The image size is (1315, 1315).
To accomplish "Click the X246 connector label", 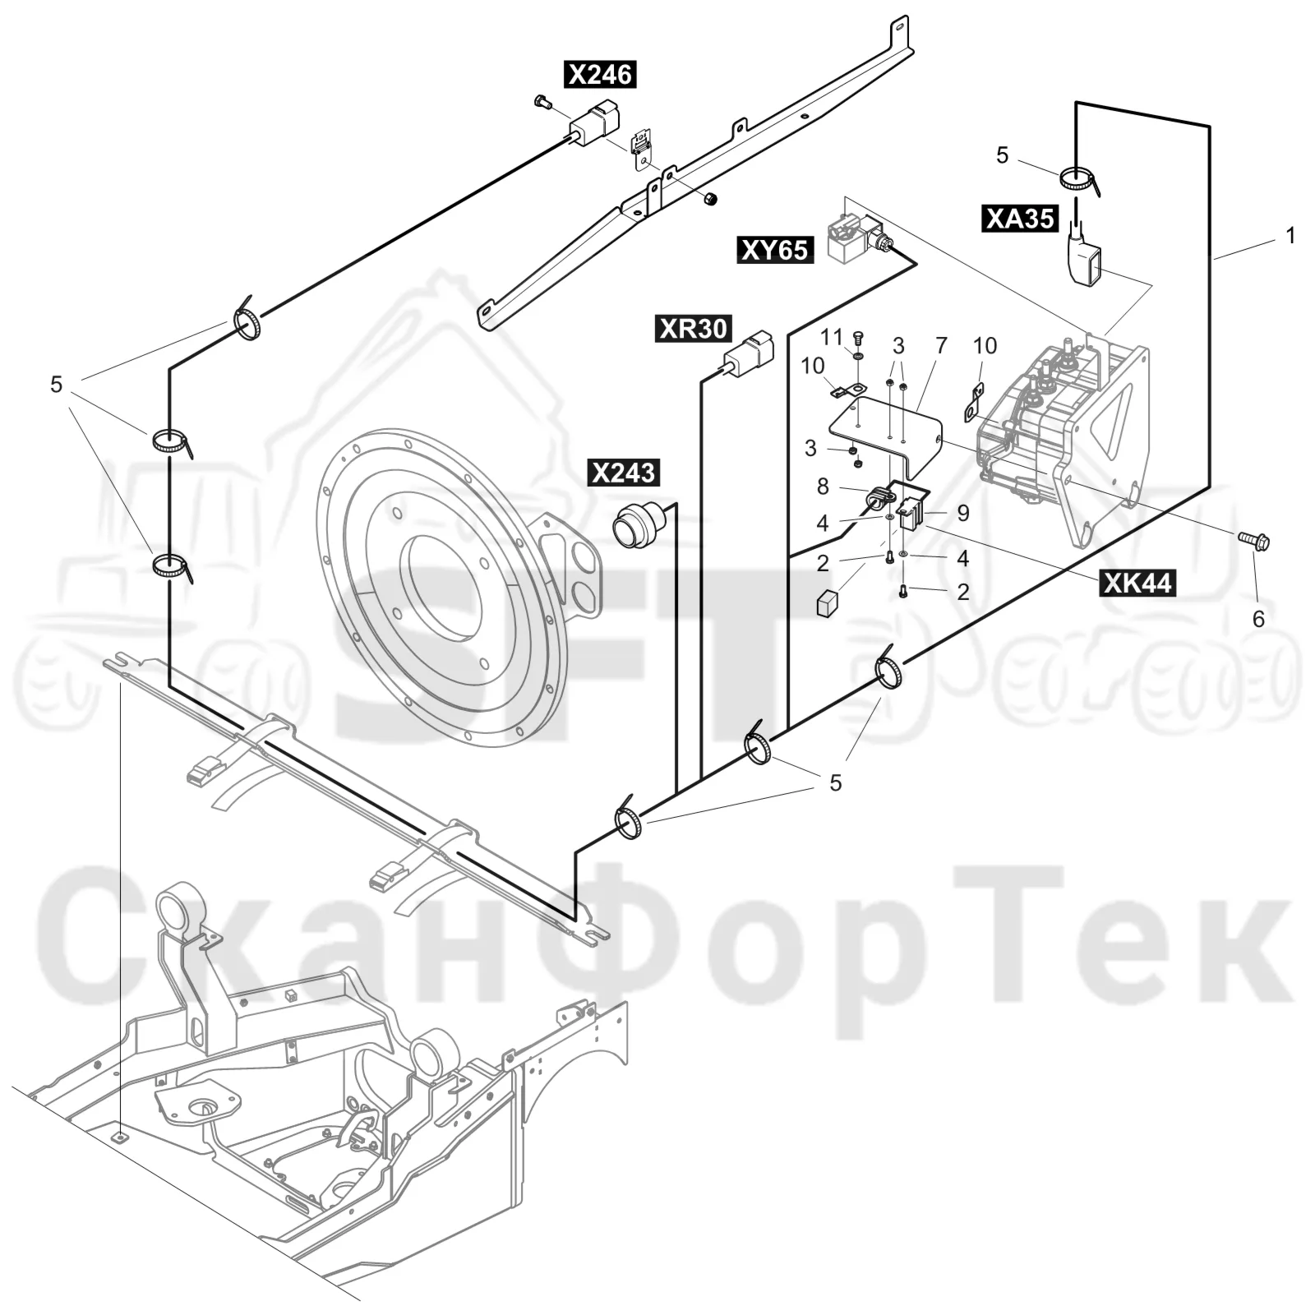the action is point(600,75).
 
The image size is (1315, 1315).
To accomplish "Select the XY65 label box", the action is point(775,249).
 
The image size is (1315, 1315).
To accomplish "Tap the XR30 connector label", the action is point(693,329).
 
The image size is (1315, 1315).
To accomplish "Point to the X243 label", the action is point(624,473).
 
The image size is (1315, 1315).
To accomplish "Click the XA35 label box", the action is point(1020,218).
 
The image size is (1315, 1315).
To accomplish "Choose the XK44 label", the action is point(1137,583).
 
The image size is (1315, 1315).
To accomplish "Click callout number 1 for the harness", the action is point(1290,236).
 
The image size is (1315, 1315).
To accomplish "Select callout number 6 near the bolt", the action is point(1258,619).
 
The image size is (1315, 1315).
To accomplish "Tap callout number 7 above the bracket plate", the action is point(941,346).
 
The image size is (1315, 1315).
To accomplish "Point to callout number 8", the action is point(823,487).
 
